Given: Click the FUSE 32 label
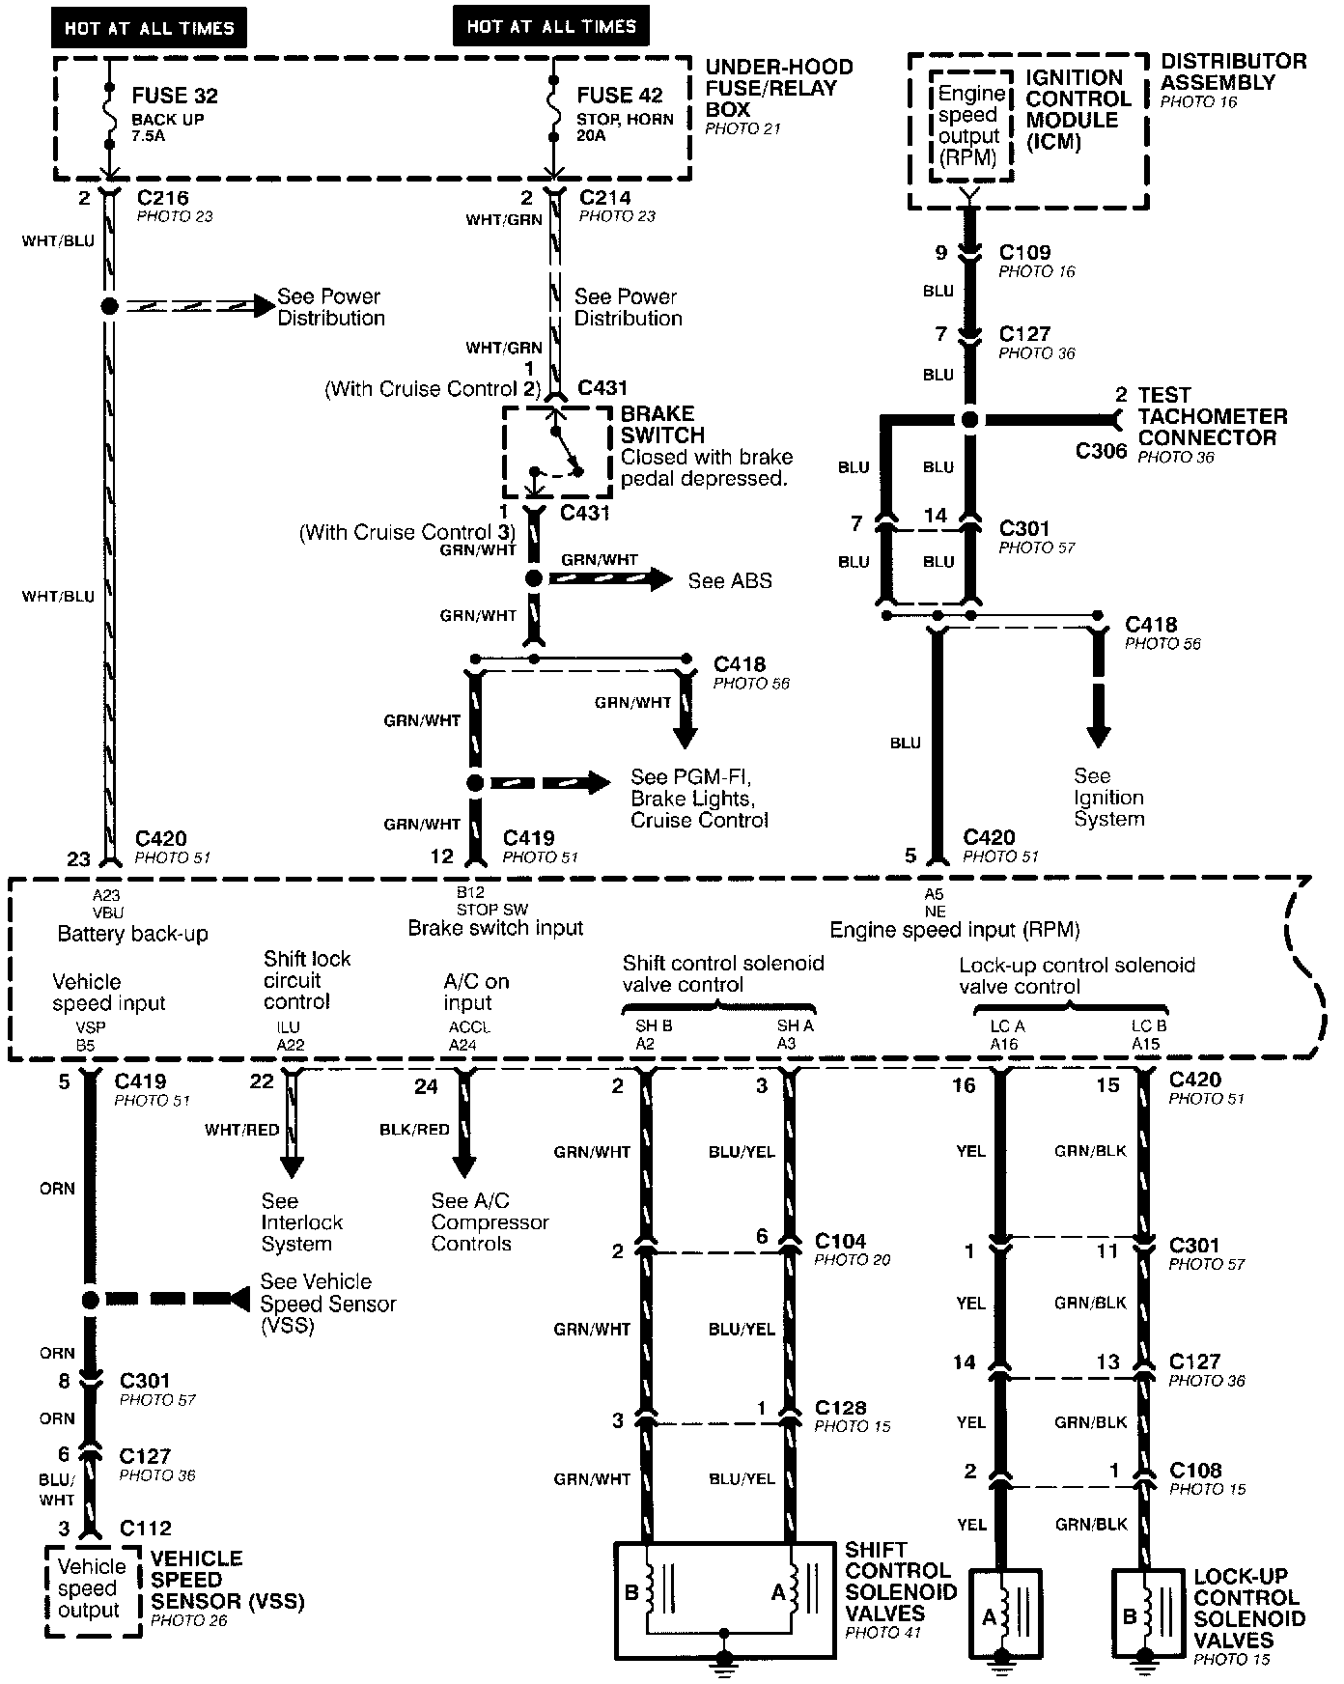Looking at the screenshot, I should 174,97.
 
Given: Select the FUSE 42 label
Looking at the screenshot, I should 620,96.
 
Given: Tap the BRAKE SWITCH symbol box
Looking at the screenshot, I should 557,453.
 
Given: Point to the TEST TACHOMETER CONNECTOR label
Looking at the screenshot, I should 1212,416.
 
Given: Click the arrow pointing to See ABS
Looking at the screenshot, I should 610,579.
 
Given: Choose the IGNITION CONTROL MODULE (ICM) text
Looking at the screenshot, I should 1078,110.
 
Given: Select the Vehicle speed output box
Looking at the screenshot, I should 93,1587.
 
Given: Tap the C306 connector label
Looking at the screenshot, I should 1101,451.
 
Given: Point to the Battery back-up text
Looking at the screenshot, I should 132,934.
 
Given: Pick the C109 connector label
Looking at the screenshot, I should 1024,253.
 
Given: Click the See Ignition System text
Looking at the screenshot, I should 1108,798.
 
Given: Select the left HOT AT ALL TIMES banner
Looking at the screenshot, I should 149,28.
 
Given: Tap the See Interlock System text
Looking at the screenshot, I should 301,1222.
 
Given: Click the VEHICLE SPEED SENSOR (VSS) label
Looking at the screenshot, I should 227,1580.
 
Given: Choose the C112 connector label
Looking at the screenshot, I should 145,1529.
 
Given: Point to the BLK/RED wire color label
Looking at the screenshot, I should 414,1130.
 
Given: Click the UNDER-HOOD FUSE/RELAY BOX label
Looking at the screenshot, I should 778,88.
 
